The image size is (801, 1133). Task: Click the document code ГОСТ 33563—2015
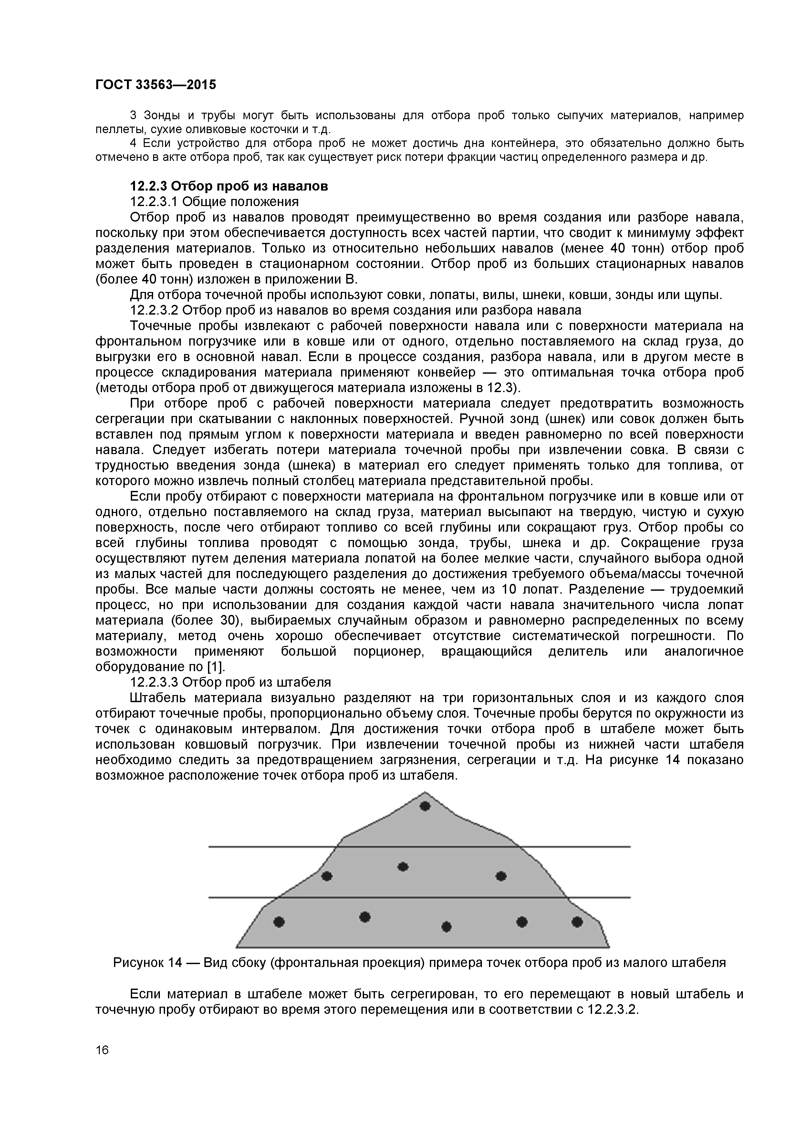pyautogui.click(x=155, y=85)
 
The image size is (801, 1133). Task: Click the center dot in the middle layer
pyautogui.click(x=403, y=867)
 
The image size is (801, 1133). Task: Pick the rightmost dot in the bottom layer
pyautogui.click(x=577, y=922)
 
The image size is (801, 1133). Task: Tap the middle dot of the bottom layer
pyautogui.click(x=446, y=927)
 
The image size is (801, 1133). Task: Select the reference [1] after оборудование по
pyautogui.click(x=216, y=667)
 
